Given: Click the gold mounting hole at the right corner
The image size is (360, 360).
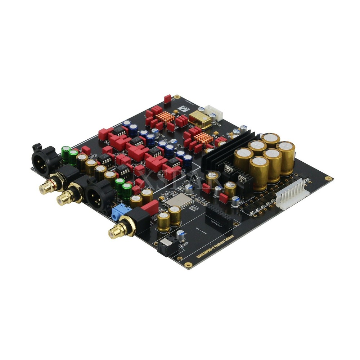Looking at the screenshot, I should pos(328,179).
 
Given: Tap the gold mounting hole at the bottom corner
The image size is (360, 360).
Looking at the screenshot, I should pos(186,265).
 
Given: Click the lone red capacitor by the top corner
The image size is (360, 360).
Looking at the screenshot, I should pos(167,99).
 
